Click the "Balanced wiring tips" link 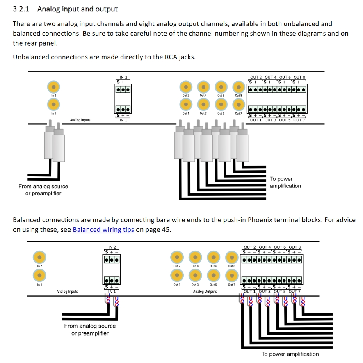click(x=103, y=230)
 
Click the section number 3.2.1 click(x=23, y=9)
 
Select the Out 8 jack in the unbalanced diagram click(x=239, y=87)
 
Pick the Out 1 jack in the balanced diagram click(x=177, y=275)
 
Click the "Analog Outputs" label click(x=205, y=292)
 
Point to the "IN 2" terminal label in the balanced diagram click(x=112, y=247)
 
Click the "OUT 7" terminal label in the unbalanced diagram click(x=299, y=120)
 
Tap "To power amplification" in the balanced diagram click(x=290, y=354)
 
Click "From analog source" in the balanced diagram click(x=90, y=326)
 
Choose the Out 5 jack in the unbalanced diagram click(x=221, y=105)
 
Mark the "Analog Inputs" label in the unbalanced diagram click(x=80, y=120)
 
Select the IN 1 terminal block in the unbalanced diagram click(x=123, y=110)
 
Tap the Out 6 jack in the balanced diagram click(x=213, y=257)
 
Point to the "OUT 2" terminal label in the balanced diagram click(x=250, y=247)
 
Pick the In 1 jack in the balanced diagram click(x=39, y=275)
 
